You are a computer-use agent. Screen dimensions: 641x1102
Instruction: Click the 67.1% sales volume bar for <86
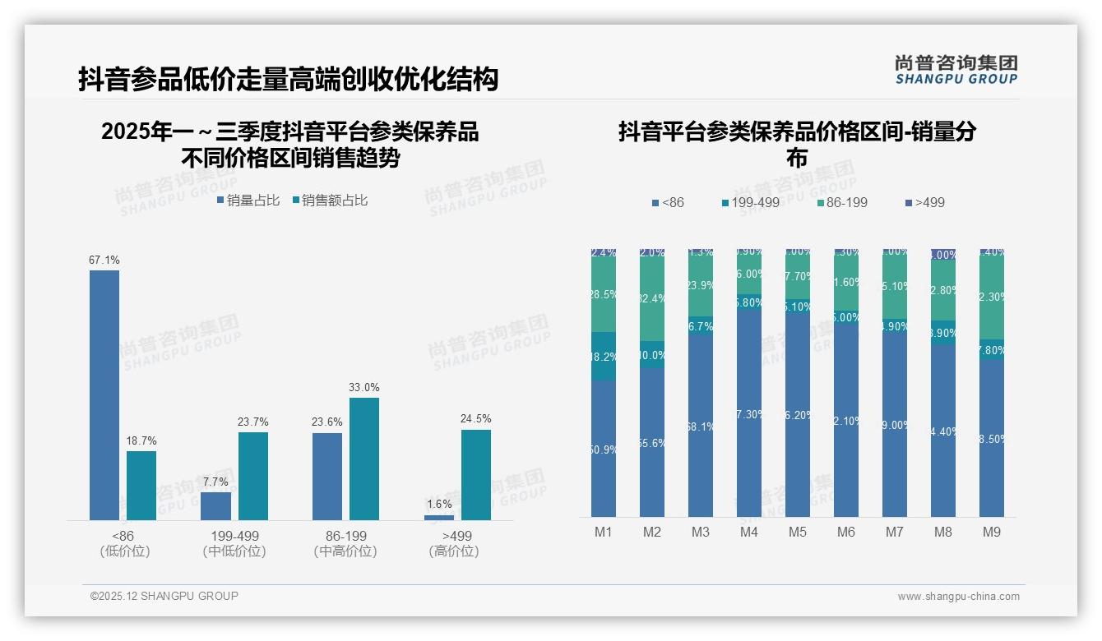pos(104,394)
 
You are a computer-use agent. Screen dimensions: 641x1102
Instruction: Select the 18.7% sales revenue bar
pos(141,485)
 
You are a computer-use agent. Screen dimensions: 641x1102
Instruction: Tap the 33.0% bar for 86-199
pos(364,459)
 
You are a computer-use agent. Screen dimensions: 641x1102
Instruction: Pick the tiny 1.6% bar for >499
pos(439,517)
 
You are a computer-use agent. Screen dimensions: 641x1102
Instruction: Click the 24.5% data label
pos(476,419)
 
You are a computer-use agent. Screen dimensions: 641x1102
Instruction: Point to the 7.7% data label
pos(215,482)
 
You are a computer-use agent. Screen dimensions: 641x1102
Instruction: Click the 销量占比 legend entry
pos(248,201)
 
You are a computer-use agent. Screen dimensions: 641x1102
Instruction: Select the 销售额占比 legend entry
pos(329,201)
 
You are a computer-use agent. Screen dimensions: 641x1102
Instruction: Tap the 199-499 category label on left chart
pos(234,536)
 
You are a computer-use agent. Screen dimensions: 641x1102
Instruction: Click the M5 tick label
pos(798,533)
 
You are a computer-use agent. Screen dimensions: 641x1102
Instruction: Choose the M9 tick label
pos(992,533)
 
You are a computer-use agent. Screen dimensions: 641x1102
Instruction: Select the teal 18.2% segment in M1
pos(604,357)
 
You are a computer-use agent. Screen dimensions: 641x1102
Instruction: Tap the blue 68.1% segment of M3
pos(701,426)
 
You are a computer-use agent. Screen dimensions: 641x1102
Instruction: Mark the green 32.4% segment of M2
pos(652,299)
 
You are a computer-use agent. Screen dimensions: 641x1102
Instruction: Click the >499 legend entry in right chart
pos(924,202)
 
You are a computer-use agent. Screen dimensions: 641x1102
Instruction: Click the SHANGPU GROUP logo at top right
pos(956,70)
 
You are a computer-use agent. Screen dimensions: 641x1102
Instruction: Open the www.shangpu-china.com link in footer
pos(958,597)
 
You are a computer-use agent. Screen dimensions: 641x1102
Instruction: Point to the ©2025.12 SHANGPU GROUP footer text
pos(164,596)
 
